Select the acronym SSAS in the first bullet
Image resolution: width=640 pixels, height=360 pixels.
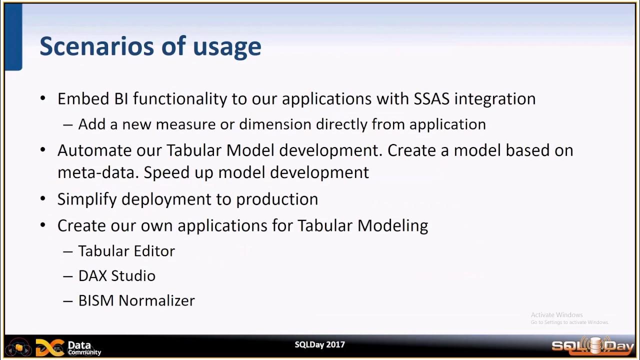pyautogui.click(x=431, y=98)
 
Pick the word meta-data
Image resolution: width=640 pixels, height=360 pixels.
pyautogui.click(x=97, y=172)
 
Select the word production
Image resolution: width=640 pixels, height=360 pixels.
pyautogui.click(x=277, y=199)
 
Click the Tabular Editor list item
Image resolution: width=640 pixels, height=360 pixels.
pyautogui.click(x=126, y=251)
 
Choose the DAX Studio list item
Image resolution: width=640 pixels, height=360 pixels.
pyautogui.click(x=117, y=276)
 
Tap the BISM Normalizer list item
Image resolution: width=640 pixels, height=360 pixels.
pyautogui.click(x=136, y=300)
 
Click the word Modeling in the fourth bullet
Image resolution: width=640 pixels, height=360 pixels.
pyautogui.click(x=392, y=225)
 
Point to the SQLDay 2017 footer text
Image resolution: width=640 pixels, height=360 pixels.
pyautogui.click(x=319, y=344)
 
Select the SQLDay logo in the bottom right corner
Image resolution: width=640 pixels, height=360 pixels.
pyautogui.click(x=592, y=345)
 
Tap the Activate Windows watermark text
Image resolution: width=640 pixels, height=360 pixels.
pyautogui.click(x=556, y=315)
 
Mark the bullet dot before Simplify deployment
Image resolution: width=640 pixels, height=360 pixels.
pyautogui.click(x=43, y=198)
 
